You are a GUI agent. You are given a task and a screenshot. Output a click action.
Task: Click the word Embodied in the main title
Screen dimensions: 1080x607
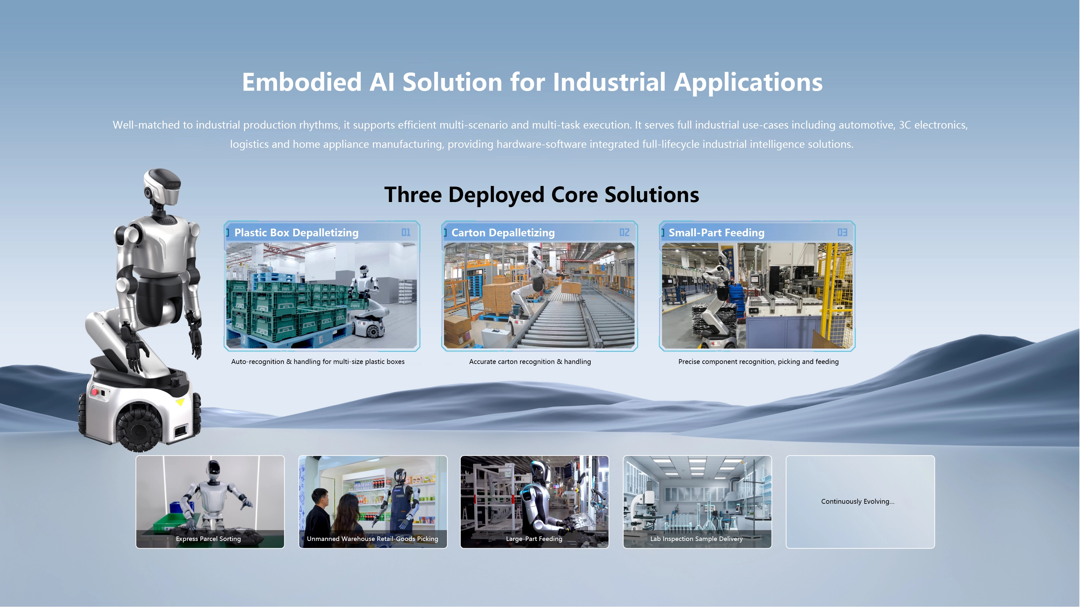(x=301, y=82)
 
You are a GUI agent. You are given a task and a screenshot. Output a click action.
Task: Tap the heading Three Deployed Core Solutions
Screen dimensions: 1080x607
(x=542, y=195)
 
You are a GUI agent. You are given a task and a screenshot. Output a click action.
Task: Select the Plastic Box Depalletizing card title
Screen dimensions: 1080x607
(x=296, y=233)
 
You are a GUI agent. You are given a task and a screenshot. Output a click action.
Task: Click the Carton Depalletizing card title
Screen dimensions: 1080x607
(x=503, y=233)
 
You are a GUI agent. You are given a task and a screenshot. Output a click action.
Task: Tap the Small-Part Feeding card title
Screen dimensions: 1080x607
(x=716, y=233)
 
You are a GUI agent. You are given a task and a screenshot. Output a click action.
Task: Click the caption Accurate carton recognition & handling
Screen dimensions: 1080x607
(x=530, y=362)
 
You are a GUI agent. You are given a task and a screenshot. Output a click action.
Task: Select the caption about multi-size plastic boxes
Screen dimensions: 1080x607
(x=318, y=362)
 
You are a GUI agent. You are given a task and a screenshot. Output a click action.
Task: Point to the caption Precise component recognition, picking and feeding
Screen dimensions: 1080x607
(x=758, y=362)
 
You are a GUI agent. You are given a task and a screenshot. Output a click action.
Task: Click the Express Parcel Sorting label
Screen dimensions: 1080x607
(x=208, y=539)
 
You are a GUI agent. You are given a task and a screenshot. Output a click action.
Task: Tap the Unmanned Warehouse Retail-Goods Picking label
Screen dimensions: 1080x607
(x=372, y=539)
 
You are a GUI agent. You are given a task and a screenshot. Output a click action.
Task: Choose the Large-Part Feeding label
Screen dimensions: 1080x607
(x=534, y=539)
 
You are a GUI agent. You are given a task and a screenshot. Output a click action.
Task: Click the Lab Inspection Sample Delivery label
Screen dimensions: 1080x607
(x=696, y=539)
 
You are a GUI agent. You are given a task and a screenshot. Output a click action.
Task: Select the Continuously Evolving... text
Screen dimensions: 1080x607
(x=858, y=502)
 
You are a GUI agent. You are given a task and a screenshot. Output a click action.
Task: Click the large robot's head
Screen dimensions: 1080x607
(x=162, y=187)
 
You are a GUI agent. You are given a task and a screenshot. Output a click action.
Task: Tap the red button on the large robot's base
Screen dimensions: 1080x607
(x=94, y=392)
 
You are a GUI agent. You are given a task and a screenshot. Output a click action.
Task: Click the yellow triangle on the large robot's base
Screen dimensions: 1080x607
(x=180, y=402)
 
